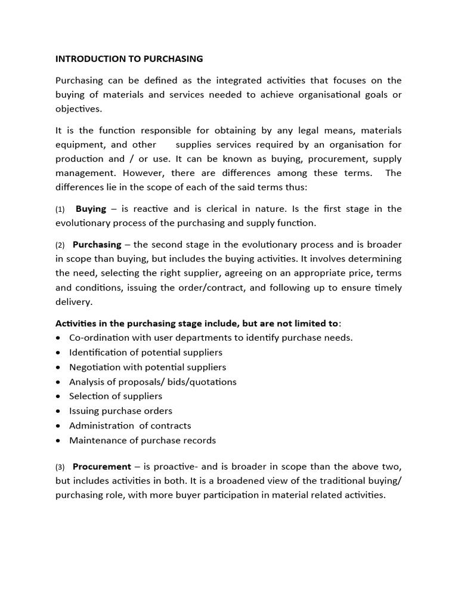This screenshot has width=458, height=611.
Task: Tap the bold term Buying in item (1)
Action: click(91, 209)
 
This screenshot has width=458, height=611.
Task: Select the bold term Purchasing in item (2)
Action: click(97, 245)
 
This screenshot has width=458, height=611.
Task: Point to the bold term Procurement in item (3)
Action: click(101, 467)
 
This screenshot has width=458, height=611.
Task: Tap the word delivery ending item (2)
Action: click(73, 302)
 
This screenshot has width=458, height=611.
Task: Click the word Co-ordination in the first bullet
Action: click(98, 338)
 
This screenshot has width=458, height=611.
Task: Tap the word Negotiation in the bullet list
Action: click(95, 367)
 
